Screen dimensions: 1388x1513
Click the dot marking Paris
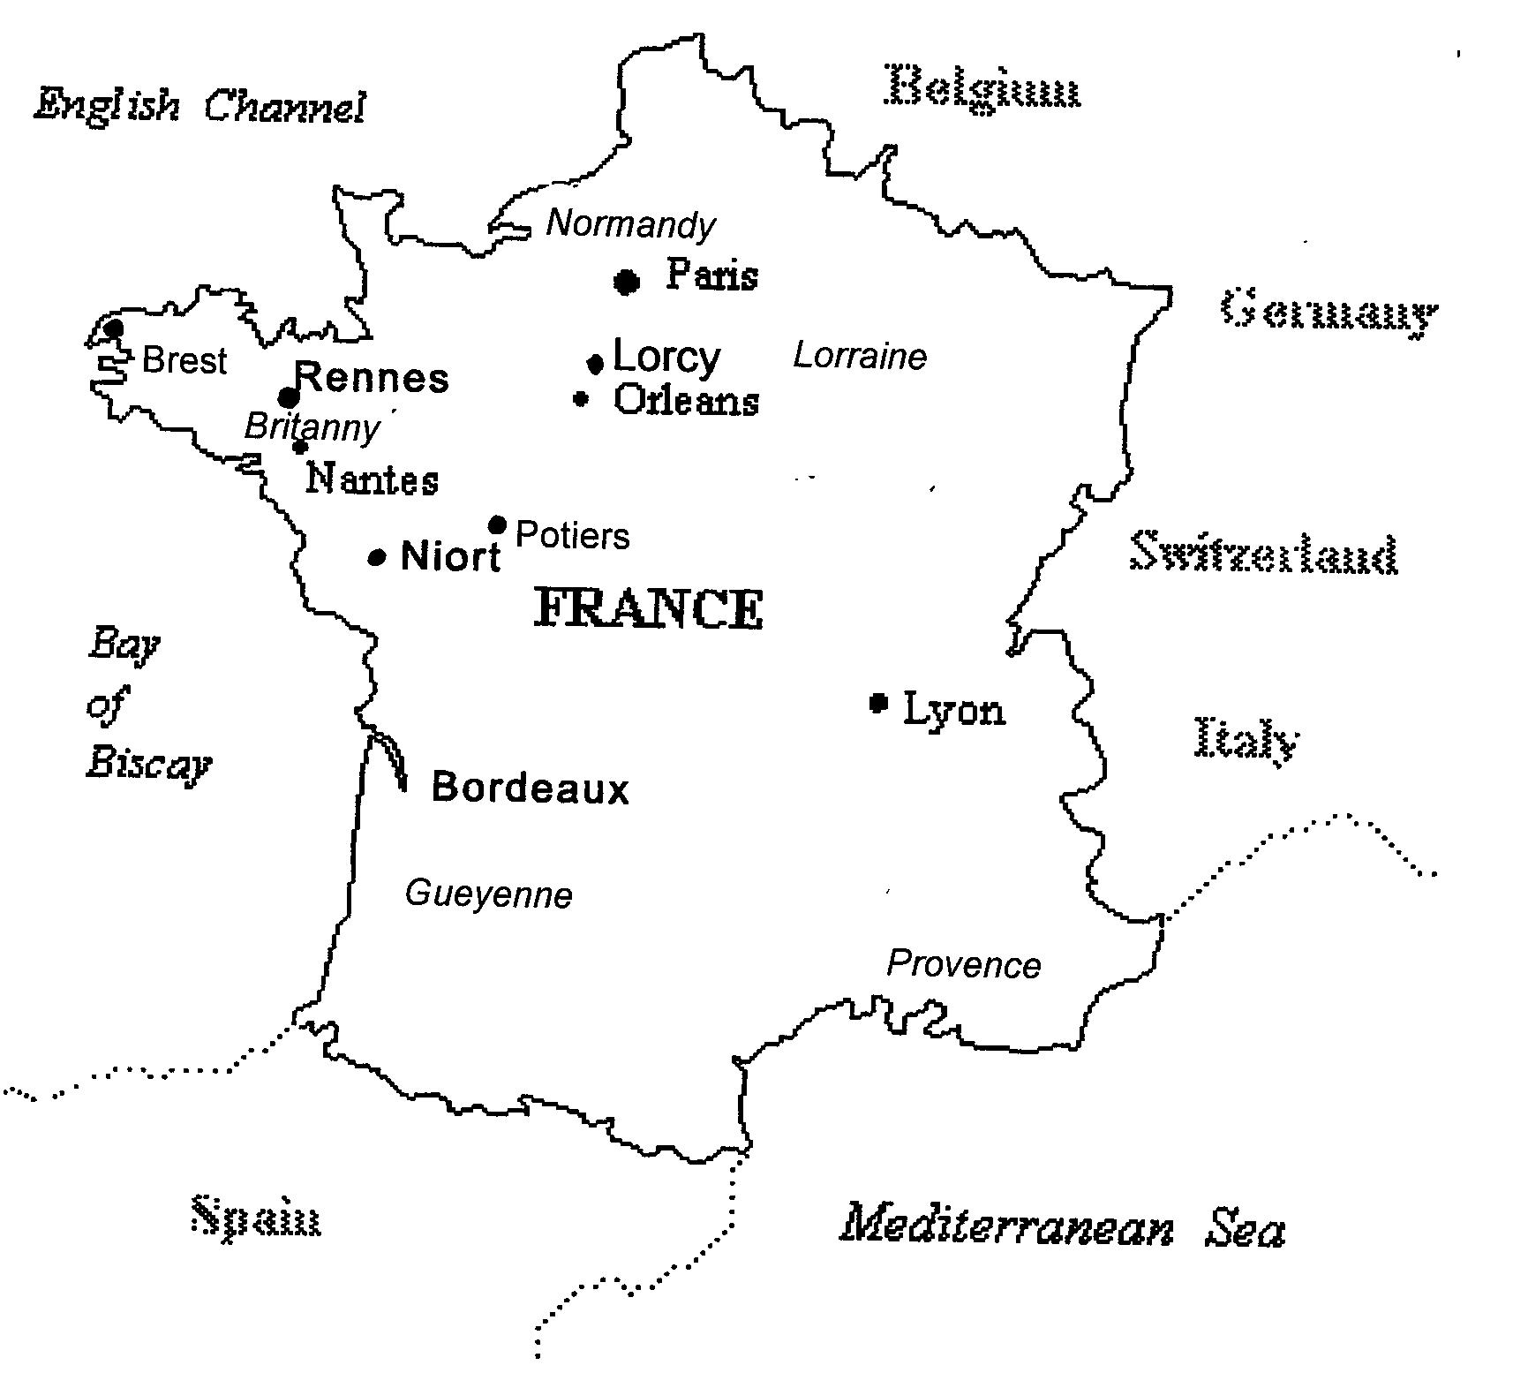click(x=626, y=282)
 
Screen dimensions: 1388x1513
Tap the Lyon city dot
click(x=877, y=703)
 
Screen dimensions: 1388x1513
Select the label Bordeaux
click(x=530, y=788)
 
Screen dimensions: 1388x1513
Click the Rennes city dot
click(x=288, y=396)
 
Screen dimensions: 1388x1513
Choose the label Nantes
click(x=372, y=479)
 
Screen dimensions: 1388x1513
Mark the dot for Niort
click(x=377, y=557)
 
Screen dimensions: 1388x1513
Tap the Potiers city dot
click(x=497, y=525)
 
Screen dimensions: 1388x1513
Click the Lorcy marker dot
click(x=595, y=363)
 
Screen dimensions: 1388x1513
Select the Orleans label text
click(x=686, y=401)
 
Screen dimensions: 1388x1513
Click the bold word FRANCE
click(x=649, y=609)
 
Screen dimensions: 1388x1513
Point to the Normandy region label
click(x=630, y=224)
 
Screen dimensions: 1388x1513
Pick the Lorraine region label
click(x=860, y=357)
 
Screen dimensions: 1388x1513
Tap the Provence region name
click(x=963, y=964)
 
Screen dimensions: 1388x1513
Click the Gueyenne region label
click(x=488, y=894)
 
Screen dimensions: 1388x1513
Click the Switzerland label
click(x=1264, y=554)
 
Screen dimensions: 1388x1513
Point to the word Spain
click(x=256, y=1218)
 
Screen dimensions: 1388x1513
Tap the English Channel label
click(x=199, y=107)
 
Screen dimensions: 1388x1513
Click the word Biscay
click(x=148, y=764)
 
